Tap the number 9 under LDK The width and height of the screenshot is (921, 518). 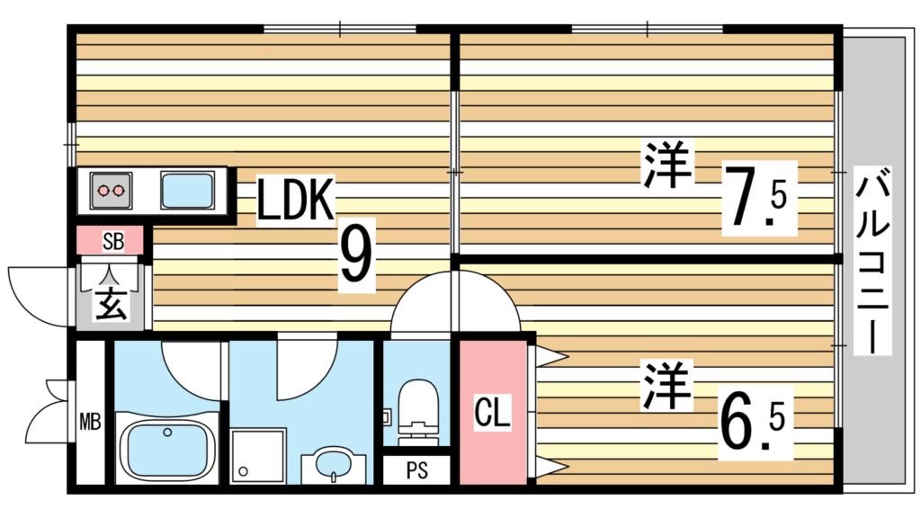pyautogui.click(x=355, y=257)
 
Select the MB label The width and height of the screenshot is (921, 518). pyautogui.click(x=90, y=421)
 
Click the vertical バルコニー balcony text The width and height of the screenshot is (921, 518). pyautogui.click(x=872, y=261)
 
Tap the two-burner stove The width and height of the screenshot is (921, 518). pyautogui.click(x=111, y=191)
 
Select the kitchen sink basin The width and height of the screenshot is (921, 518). pyautogui.click(x=187, y=191)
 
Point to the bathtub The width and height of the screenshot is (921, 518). pyautogui.click(x=167, y=451)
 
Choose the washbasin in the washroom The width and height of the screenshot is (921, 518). pyautogui.click(x=334, y=465)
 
